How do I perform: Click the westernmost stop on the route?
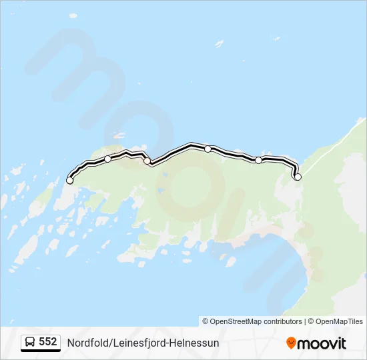[x=69, y=180]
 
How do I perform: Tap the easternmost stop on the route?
[x=298, y=177]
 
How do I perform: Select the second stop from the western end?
[x=108, y=159]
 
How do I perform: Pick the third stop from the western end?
[x=147, y=161]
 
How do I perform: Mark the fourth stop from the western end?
[x=208, y=149]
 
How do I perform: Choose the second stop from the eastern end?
[x=258, y=160]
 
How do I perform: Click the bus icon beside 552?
[x=31, y=342]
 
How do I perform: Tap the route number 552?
[x=48, y=342]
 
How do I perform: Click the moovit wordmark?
[x=322, y=343]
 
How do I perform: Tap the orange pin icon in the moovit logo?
[x=291, y=343]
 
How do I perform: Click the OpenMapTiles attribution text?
[x=340, y=321]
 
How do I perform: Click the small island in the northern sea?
[x=219, y=43]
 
